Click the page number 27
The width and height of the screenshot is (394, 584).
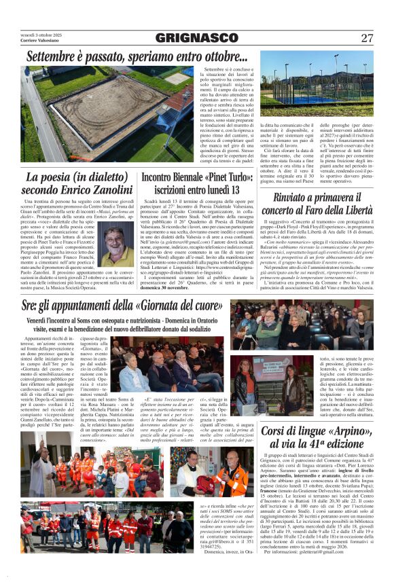[367, 37]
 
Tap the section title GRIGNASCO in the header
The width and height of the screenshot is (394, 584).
[196, 37]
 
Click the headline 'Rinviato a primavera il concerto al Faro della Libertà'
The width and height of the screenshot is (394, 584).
[315, 203]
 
